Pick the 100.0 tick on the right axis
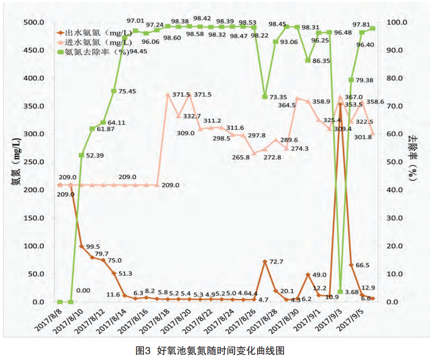click(x=397, y=23)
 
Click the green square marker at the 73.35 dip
click(x=265, y=97)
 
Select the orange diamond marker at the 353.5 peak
click(x=340, y=104)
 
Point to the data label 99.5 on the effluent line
click(x=93, y=247)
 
